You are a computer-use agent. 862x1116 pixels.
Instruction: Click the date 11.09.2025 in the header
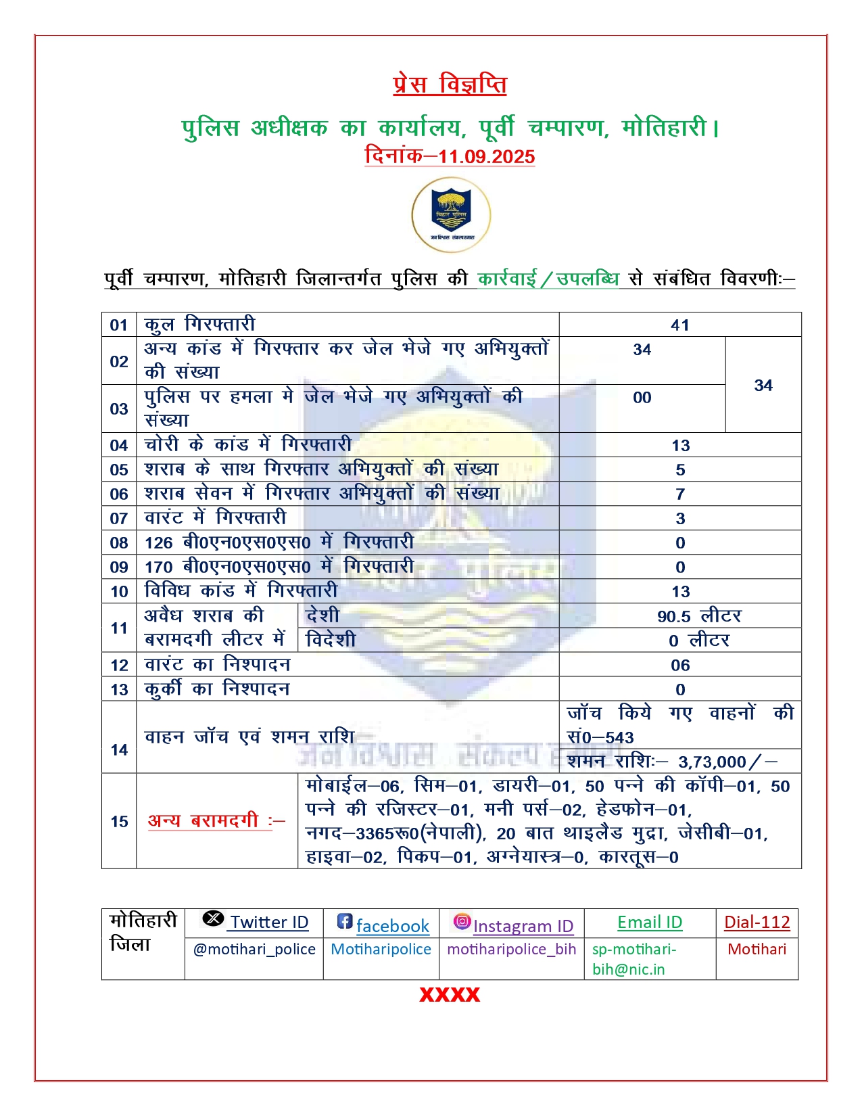point(486,157)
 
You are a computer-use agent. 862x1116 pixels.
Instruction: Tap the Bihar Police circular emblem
point(451,215)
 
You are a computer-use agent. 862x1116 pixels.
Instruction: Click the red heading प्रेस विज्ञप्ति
point(450,85)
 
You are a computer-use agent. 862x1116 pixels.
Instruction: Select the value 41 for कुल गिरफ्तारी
point(680,325)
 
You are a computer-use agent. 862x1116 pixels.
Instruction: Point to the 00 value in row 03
point(642,398)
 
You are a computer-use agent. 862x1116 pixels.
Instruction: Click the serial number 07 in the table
point(119,519)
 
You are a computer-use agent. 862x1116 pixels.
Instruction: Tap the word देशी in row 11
point(322,615)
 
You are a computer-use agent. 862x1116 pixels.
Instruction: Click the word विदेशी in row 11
point(331,640)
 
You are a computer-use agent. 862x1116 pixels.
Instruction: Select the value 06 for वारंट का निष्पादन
point(680,666)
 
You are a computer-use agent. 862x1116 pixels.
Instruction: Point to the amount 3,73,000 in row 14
point(712,762)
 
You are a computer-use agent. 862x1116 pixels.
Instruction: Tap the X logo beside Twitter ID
point(213,919)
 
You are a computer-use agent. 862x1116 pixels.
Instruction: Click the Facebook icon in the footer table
point(345,921)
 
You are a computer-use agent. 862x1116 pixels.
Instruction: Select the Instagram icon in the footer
point(462,921)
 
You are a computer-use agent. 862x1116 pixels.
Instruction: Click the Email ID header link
point(650,923)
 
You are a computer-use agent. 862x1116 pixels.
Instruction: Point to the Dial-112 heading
point(757,923)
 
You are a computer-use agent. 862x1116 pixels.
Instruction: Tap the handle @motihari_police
point(254,950)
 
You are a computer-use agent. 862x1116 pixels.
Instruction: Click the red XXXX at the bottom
point(450,995)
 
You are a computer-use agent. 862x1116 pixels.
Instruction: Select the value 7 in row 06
point(680,494)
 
